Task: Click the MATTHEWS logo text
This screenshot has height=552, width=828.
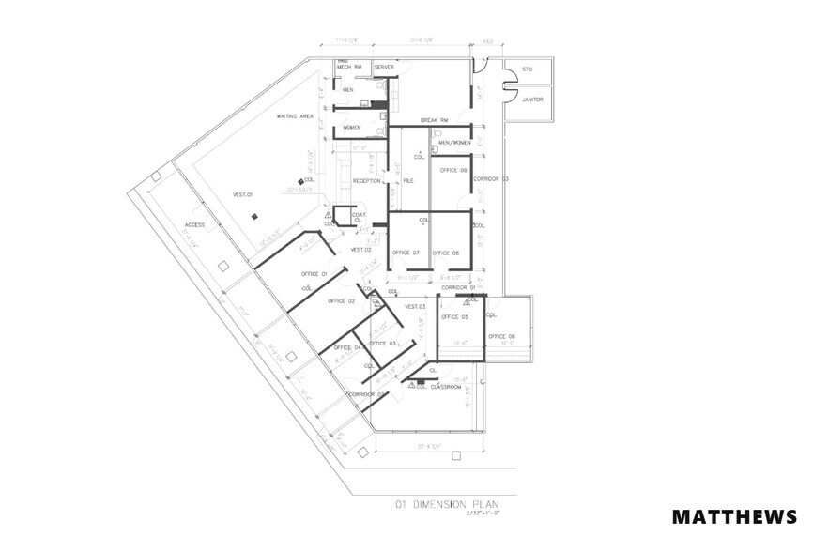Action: click(734, 517)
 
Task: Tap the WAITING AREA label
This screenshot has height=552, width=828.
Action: click(294, 116)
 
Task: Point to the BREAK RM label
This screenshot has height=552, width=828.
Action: click(434, 120)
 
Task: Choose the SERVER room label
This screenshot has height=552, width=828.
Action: click(384, 68)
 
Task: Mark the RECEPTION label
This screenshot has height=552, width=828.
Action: click(366, 179)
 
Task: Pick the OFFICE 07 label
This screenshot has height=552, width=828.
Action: click(406, 253)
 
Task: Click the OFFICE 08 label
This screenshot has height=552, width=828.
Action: click(445, 253)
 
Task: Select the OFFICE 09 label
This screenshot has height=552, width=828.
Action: click(454, 170)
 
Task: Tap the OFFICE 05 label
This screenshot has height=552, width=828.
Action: click(454, 316)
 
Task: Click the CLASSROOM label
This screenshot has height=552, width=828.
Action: click(447, 387)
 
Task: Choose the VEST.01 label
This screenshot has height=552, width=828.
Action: click(244, 194)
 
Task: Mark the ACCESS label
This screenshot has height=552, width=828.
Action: click(194, 225)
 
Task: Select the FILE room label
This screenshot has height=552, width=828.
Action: click(408, 179)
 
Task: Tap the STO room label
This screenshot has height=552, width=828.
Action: click(527, 69)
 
